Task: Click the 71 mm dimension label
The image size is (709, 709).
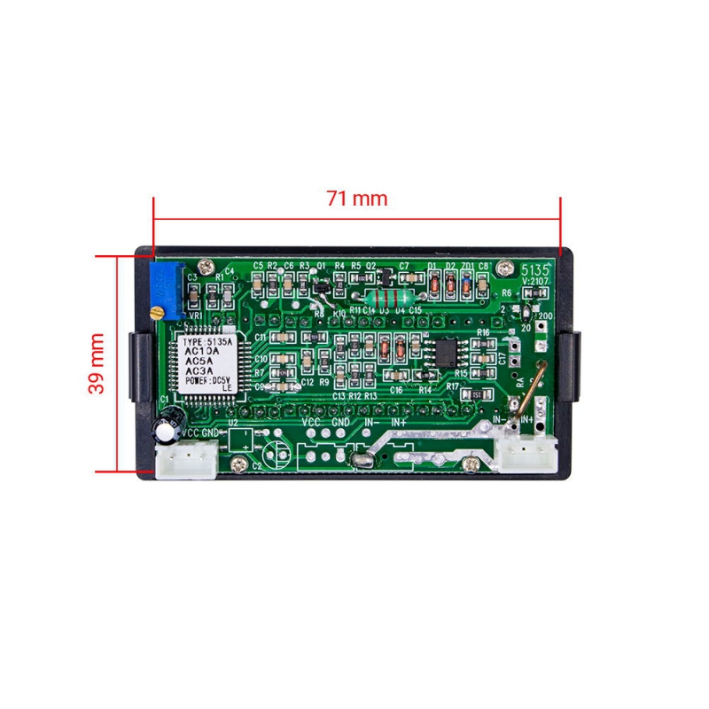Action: click(x=357, y=199)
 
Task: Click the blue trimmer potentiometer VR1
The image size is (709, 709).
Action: click(x=168, y=289)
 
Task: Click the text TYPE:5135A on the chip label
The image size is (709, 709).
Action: click(x=206, y=341)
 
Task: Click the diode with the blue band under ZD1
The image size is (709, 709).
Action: click(x=466, y=284)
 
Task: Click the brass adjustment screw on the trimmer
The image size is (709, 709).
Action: click(x=158, y=311)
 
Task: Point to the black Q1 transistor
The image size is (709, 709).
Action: click(x=323, y=286)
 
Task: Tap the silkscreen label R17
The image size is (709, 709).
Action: click(x=453, y=386)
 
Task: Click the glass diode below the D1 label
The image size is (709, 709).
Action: click(x=434, y=284)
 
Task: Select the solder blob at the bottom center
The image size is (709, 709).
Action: click(x=360, y=458)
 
